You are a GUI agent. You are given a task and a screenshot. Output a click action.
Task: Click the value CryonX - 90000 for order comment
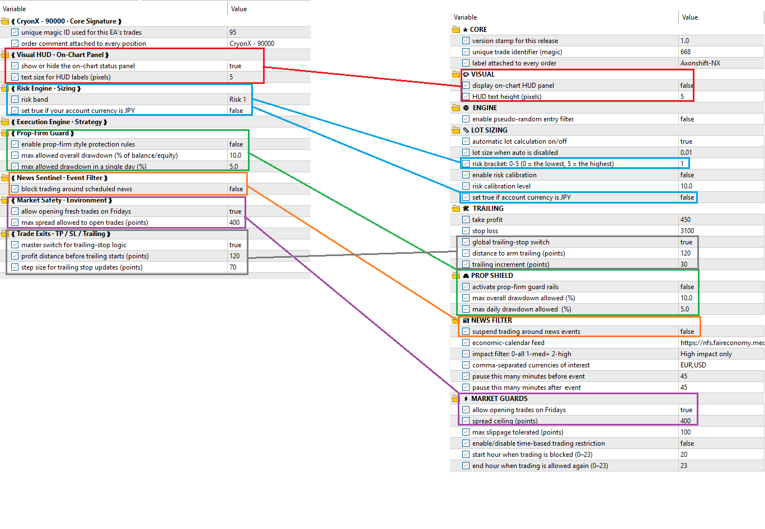pyautogui.click(x=252, y=44)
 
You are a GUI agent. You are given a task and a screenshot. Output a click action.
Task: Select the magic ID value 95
pyautogui.click(x=233, y=32)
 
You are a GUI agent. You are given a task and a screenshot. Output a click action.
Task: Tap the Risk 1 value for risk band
pyautogui.click(x=237, y=100)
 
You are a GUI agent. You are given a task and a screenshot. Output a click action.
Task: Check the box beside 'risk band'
pyautogui.click(x=15, y=100)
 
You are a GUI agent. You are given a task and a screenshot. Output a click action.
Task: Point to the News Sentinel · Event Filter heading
pyautogui.click(x=59, y=178)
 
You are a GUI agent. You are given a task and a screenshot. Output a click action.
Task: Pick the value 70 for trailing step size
pyautogui.click(x=233, y=267)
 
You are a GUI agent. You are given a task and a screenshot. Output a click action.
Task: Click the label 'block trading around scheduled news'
pyautogui.click(x=77, y=189)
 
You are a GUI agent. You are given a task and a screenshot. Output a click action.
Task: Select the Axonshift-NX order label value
pyautogui.click(x=700, y=63)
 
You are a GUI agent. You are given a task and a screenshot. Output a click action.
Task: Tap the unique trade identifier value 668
pyautogui.click(x=686, y=52)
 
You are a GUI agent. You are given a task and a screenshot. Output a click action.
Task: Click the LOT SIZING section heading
pyautogui.click(x=489, y=130)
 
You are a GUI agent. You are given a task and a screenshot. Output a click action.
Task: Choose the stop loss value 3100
pyautogui.click(x=687, y=231)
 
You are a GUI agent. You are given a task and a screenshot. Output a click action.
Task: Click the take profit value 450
pyautogui.click(x=686, y=220)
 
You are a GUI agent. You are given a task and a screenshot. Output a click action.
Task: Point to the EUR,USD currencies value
pyautogui.click(x=693, y=365)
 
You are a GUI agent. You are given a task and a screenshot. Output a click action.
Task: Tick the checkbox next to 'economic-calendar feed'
pyautogui.click(x=466, y=343)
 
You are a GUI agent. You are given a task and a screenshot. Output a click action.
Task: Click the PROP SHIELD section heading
pyautogui.click(x=492, y=276)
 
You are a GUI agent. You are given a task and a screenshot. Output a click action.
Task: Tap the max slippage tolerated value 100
pyautogui.click(x=686, y=432)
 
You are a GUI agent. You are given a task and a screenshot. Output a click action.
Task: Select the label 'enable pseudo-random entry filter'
pyautogui.click(x=523, y=119)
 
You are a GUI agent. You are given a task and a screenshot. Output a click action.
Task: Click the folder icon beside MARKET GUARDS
pyautogui.click(x=456, y=399)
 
